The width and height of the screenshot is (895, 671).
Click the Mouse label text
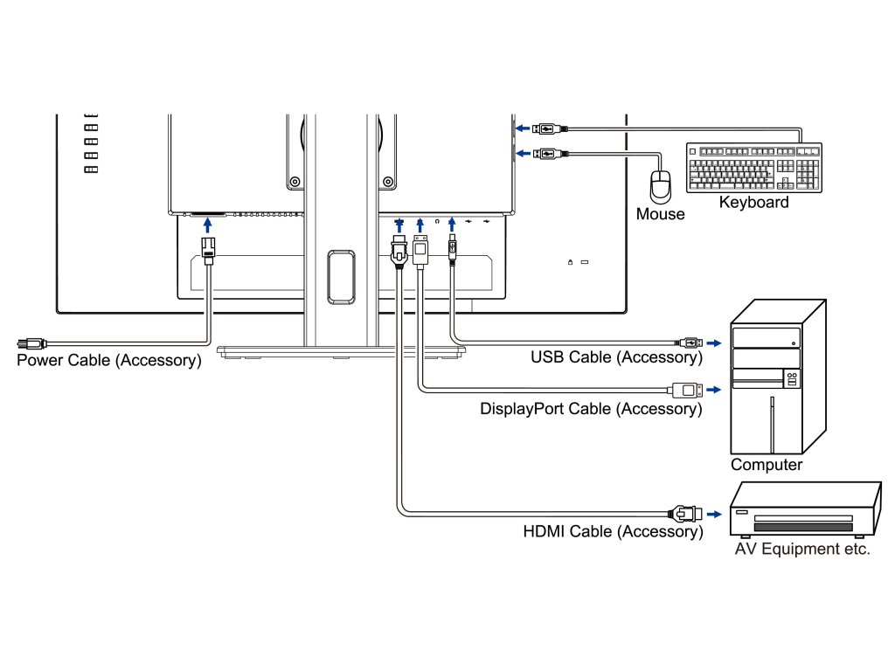tap(661, 214)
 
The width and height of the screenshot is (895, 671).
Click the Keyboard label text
tap(753, 203)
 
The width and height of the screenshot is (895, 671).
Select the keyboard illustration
tap(753, 167)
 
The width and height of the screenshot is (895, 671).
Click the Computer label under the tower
tap(767, 465)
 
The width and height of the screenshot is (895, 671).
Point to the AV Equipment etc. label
tap(801, 550)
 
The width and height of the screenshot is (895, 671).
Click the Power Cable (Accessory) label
tap(108, 360)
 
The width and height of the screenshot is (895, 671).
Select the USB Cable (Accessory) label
tap(616, 356)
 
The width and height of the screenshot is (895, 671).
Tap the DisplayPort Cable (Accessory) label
tap(591, 408)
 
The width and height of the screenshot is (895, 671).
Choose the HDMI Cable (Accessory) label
tap(613, 531)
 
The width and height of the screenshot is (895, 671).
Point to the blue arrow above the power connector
tap(207, 226)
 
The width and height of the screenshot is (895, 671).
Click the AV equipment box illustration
tap(805, 510)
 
